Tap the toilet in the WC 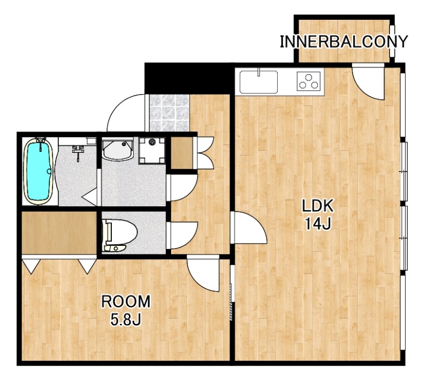click(119, 235)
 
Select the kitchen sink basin click(258, 82)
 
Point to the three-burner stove click(309, 81)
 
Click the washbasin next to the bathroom click(117, 149)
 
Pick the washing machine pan click(152, 150)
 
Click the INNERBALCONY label click(343, 42)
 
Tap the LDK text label click(317, 206)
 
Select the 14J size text click(317, 224)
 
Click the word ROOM click(126, 301)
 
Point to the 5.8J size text click(126, 319)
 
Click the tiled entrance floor click(169, 113)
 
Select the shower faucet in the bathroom click(78, 151)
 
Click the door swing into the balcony click(368, 82)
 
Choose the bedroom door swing click(203, 274)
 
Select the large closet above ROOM click(59, 232)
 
